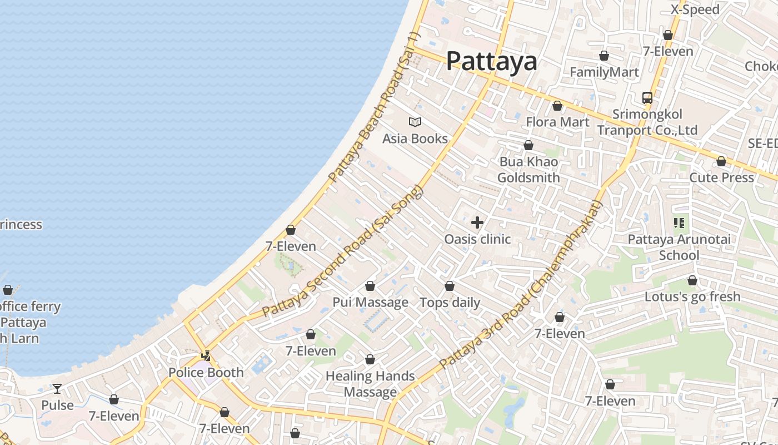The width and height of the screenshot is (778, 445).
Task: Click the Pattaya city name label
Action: pos(491,61)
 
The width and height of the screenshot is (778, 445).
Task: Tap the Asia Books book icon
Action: pos(415,122)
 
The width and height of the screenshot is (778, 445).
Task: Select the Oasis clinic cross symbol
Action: pos(477,223)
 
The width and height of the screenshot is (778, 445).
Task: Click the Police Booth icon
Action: pos(206,355)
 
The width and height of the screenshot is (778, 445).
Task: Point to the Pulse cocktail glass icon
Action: pos(57,388)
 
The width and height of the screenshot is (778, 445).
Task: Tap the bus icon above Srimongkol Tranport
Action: pos(647,98)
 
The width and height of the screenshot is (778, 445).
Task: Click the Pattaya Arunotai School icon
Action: pos(679,223)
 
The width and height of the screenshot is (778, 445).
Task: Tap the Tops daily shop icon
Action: pos(450,286)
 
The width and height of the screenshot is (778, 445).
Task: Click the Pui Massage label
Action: pos(370,303)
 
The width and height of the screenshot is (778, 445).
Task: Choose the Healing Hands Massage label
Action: pos(370,384)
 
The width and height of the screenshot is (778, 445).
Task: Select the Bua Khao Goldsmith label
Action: pos(528,170)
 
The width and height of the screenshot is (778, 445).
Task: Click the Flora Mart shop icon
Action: pos(557,106)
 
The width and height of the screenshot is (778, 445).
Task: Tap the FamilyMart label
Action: pos(604,72)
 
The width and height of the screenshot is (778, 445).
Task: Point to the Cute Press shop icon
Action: pos(721,161)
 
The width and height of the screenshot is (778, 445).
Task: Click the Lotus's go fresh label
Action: pos(692,296)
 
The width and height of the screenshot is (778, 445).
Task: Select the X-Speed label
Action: pos(695,9)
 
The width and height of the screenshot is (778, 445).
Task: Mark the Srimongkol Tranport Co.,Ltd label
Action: pos(647,122)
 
